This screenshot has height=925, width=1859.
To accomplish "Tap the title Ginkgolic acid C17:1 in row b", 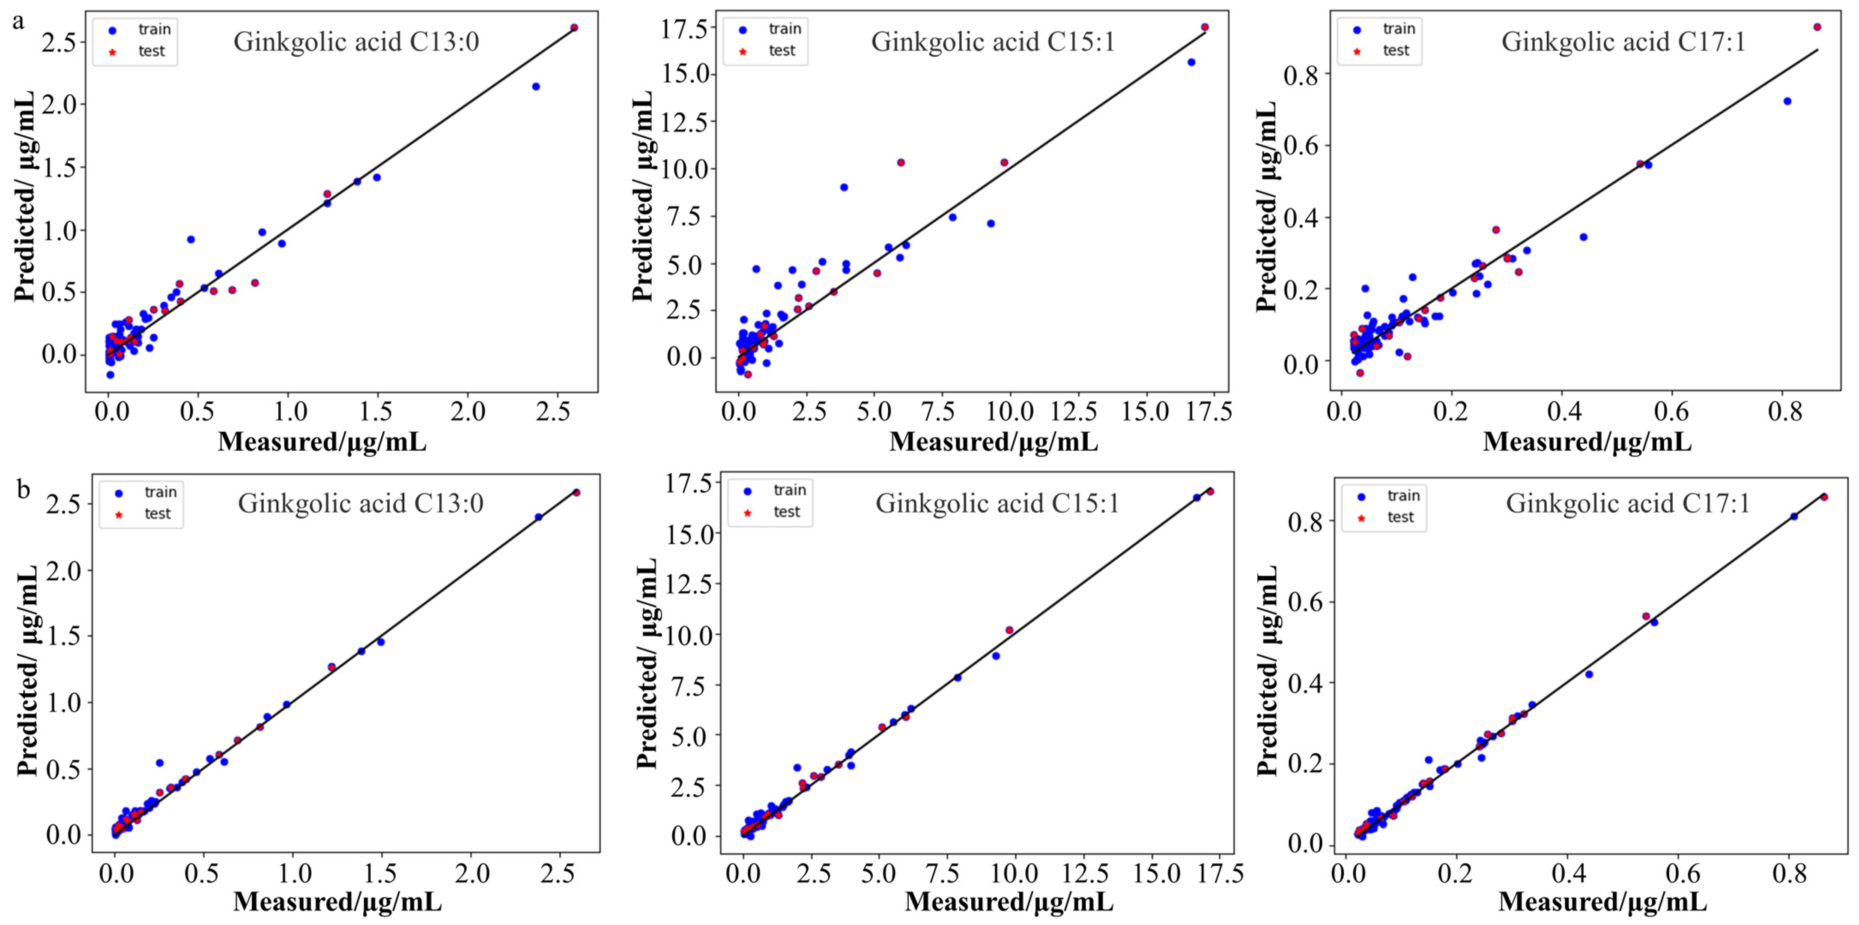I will [1627, 503].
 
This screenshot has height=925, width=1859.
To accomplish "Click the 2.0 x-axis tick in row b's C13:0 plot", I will [471, 873].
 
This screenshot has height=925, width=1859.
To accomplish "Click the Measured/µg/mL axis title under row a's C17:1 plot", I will [1586, 442].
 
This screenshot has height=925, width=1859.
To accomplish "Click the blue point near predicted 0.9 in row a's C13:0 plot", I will [191, 239].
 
